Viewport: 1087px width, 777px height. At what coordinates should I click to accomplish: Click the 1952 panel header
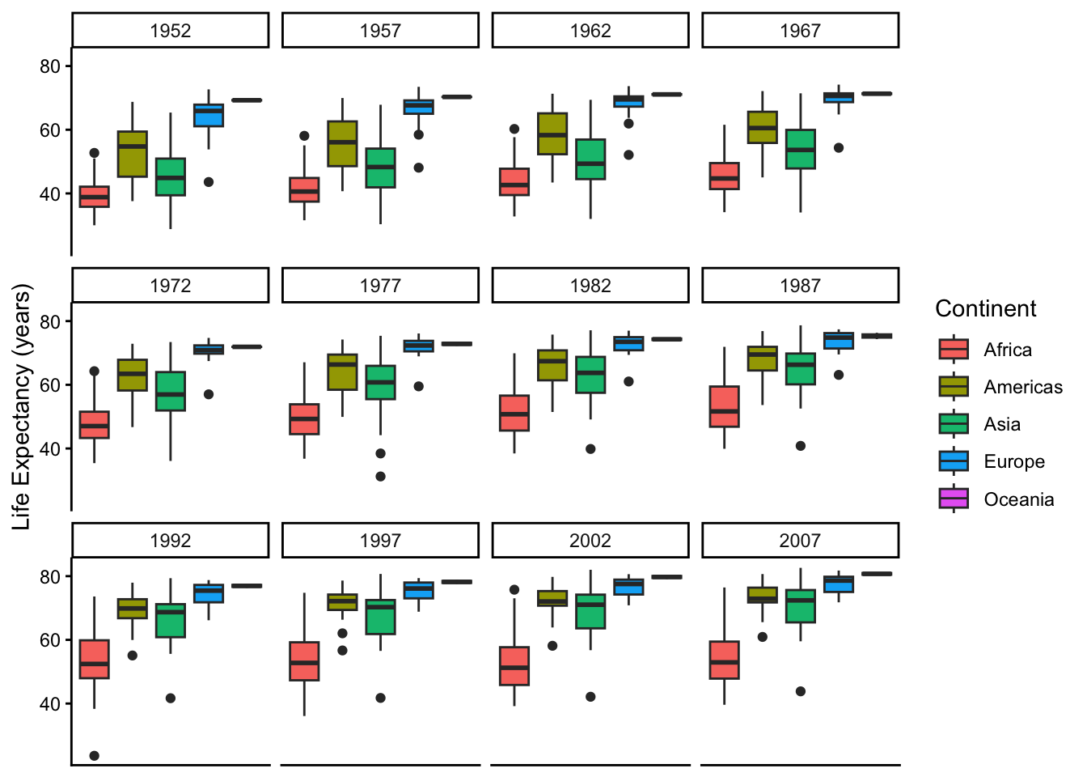click(170, 31)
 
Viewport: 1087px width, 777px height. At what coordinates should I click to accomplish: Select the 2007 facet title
click(800, 541)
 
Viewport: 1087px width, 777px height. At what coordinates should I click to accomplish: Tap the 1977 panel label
click(380, 286)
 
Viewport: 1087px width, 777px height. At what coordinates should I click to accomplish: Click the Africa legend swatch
click(954, 350)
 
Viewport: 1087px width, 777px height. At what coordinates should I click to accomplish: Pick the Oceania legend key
click(954, 499)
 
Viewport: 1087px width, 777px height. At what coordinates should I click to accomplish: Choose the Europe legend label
click(1014, 461)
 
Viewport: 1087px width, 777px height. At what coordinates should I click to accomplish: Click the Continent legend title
click(985, 308)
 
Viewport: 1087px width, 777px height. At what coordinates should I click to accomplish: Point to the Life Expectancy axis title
click(22, 406)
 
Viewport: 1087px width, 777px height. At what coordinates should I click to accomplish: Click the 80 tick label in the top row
click(50, 66)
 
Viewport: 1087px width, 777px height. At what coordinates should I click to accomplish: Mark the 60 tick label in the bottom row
click(50, 640)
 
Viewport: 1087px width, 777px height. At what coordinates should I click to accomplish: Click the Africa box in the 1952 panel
click(95, 197)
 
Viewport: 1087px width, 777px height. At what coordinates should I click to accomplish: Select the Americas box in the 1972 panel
click(133, 375)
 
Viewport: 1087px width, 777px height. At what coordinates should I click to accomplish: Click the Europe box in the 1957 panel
click(418, 107)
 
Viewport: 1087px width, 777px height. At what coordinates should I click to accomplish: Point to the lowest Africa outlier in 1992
click(95, 756)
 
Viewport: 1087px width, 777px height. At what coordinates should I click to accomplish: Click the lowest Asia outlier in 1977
click(380, 477)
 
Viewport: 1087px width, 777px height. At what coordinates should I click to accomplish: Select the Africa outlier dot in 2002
click(514, 590)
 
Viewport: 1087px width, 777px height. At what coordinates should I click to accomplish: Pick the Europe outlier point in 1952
click(209, 182)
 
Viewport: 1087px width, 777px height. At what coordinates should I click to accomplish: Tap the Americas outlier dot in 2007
click(762, 637)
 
